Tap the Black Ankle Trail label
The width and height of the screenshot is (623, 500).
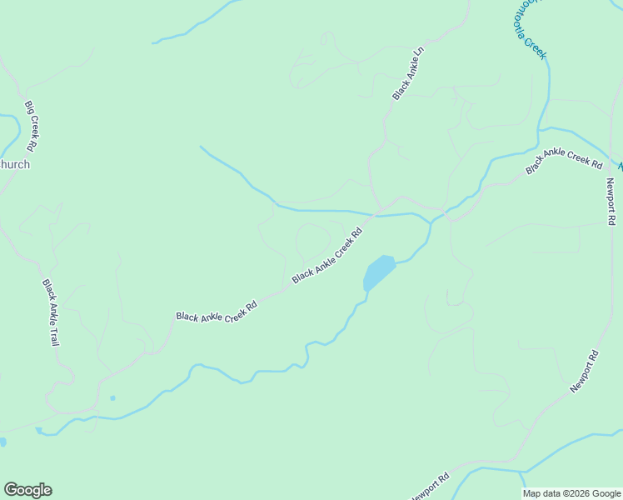[x=52, y=312]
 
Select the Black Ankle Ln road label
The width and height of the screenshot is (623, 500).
[x=408, y=74]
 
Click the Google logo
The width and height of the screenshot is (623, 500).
[x=27, y=490]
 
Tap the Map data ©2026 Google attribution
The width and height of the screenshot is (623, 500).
[x=572, y=493]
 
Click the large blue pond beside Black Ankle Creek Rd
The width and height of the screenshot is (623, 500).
[x=378, y=272]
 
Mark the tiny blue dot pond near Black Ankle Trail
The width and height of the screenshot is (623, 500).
[x=112, y=398]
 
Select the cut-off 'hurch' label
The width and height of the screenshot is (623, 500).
[x=15, y=164]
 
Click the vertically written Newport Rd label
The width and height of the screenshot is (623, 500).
[x=611, y=201]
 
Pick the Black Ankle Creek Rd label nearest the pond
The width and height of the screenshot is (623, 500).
[x=328, y=255]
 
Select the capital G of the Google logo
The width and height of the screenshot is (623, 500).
[x=11, y=490]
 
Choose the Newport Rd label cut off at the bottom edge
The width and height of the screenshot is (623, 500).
[x=431, y=488]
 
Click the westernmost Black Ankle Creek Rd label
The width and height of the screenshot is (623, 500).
[x=216, y=312]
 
